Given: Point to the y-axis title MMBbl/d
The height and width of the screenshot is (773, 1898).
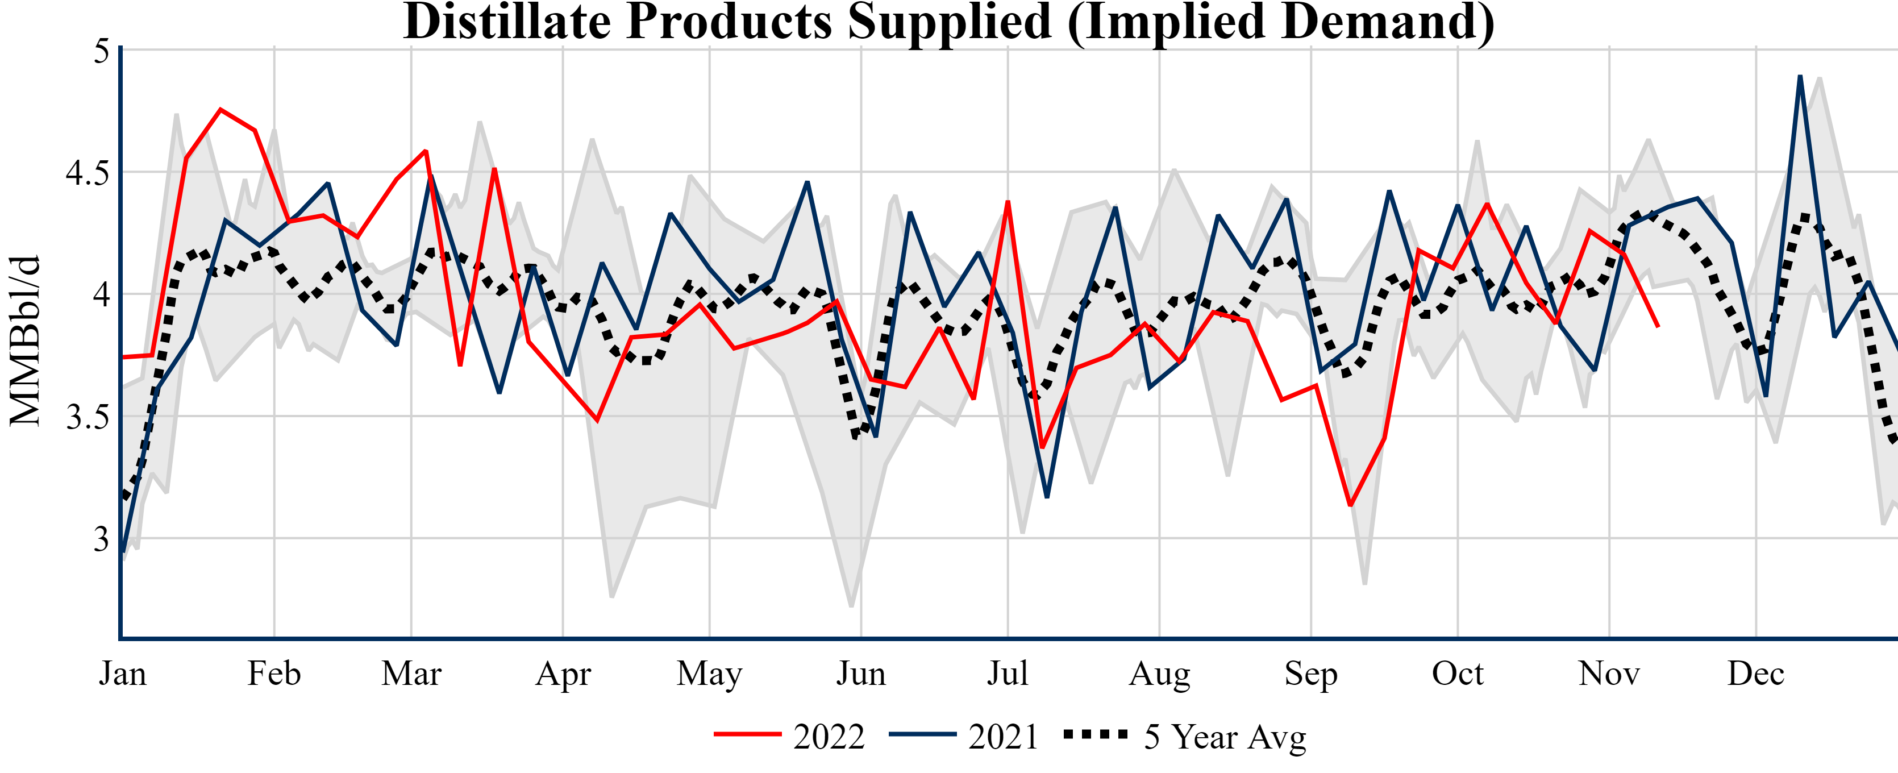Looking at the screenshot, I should [25, 340].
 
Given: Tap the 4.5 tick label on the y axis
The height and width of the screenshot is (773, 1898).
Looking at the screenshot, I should [87, 173].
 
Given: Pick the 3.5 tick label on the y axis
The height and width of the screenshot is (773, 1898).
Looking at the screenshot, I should [87, 417].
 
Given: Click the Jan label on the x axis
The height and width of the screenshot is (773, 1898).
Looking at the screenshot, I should [122, 674].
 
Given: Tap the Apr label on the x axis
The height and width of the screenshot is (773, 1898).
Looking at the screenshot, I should [563, 674].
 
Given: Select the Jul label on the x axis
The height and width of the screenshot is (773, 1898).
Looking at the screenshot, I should [1007, 674].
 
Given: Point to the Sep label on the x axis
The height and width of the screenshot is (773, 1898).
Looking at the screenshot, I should [1311, 674].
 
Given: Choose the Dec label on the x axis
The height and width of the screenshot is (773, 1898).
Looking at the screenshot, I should [1756, 674].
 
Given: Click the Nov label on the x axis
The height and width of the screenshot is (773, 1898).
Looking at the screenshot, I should [1609, 674].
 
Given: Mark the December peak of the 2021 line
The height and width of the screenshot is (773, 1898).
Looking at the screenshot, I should [1800, 76].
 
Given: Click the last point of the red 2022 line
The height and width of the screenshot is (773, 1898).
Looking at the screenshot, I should [1658, 326].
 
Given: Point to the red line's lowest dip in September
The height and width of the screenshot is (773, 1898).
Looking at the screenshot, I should [1350, 505].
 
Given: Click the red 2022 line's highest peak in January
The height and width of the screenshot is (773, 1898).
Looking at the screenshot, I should [220, 110].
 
